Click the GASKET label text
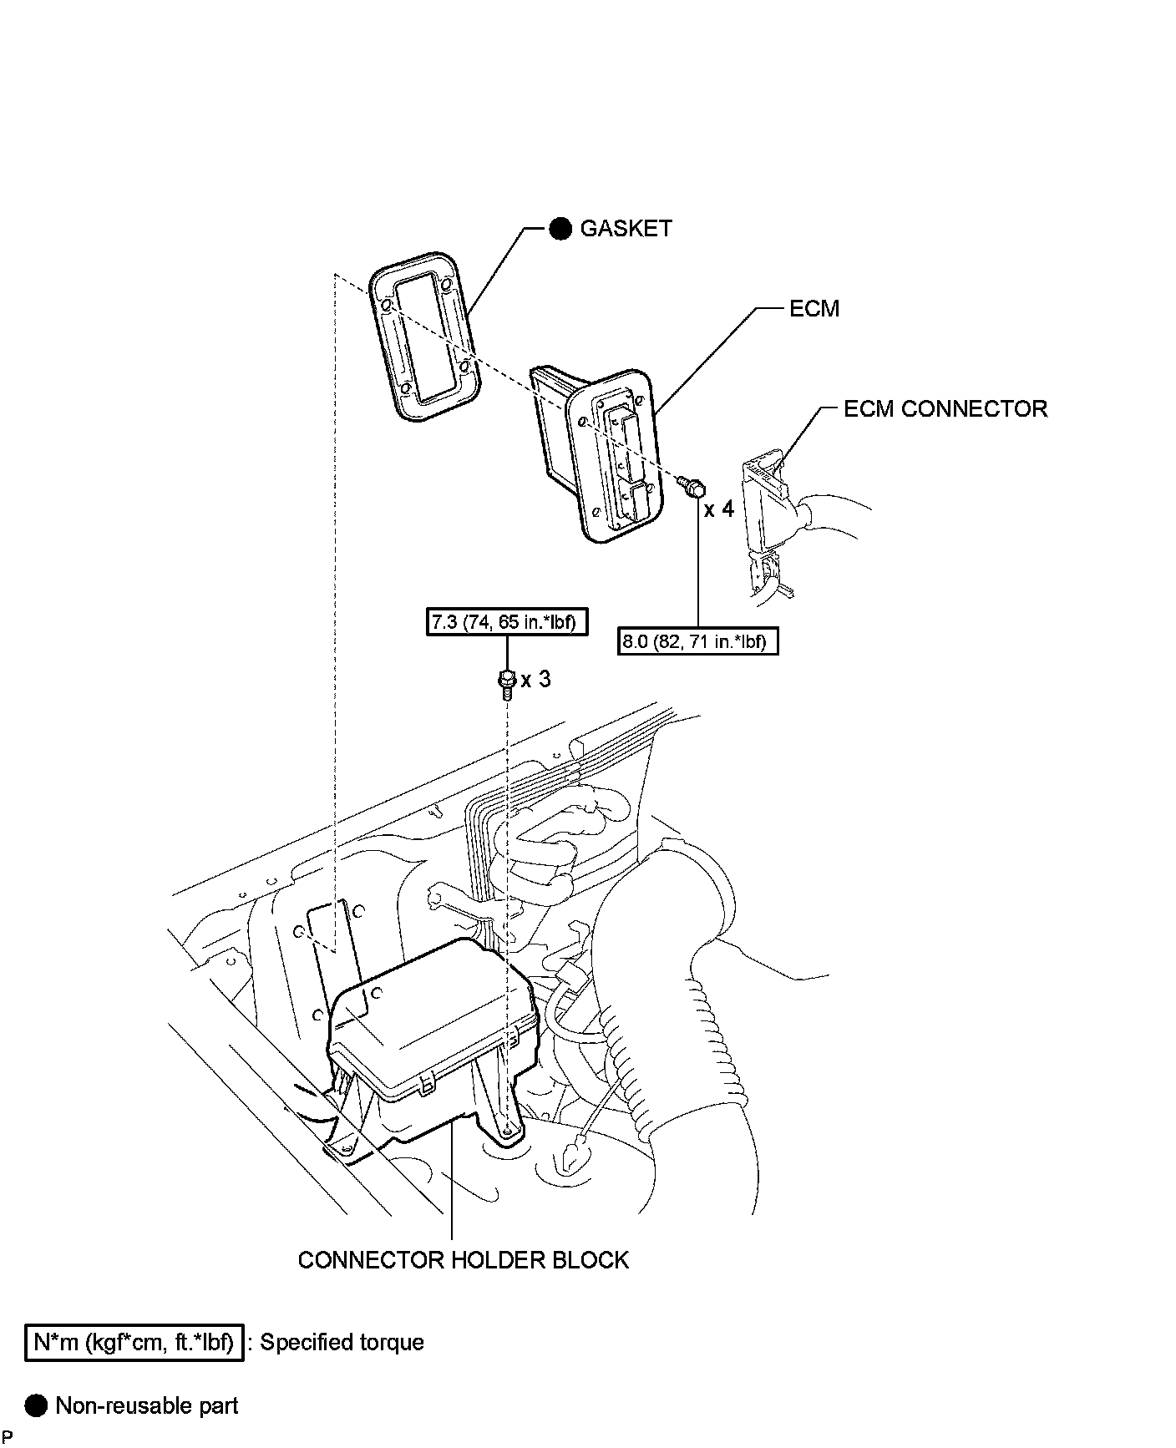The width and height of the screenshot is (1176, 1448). [x=626, y=229]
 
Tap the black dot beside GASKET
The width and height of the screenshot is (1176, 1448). [x=560, y=229]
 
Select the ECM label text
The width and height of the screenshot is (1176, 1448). [x=814, y=309]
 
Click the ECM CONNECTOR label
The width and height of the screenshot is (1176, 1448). [x=945, y=409]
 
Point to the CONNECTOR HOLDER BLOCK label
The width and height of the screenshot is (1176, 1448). [x=463, y=1259]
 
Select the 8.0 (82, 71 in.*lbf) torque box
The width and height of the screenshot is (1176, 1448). [x=697, y=641]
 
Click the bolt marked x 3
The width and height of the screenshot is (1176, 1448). [x=506, y=681]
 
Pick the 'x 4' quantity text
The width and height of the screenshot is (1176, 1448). [x=718, y=509]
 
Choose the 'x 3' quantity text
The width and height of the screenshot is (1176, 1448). [x=535, y=680]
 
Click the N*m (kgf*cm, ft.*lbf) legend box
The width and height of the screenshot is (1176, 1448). [x=134, y=1343]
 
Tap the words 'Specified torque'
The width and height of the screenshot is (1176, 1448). [x=342, y=1343]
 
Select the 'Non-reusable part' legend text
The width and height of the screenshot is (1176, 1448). [x=146, y=1406]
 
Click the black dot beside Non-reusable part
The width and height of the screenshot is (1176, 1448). [x=37, y=1406]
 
